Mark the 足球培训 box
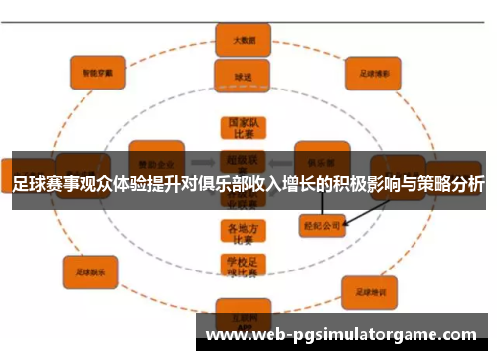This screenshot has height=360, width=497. click(x=369, y=293)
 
